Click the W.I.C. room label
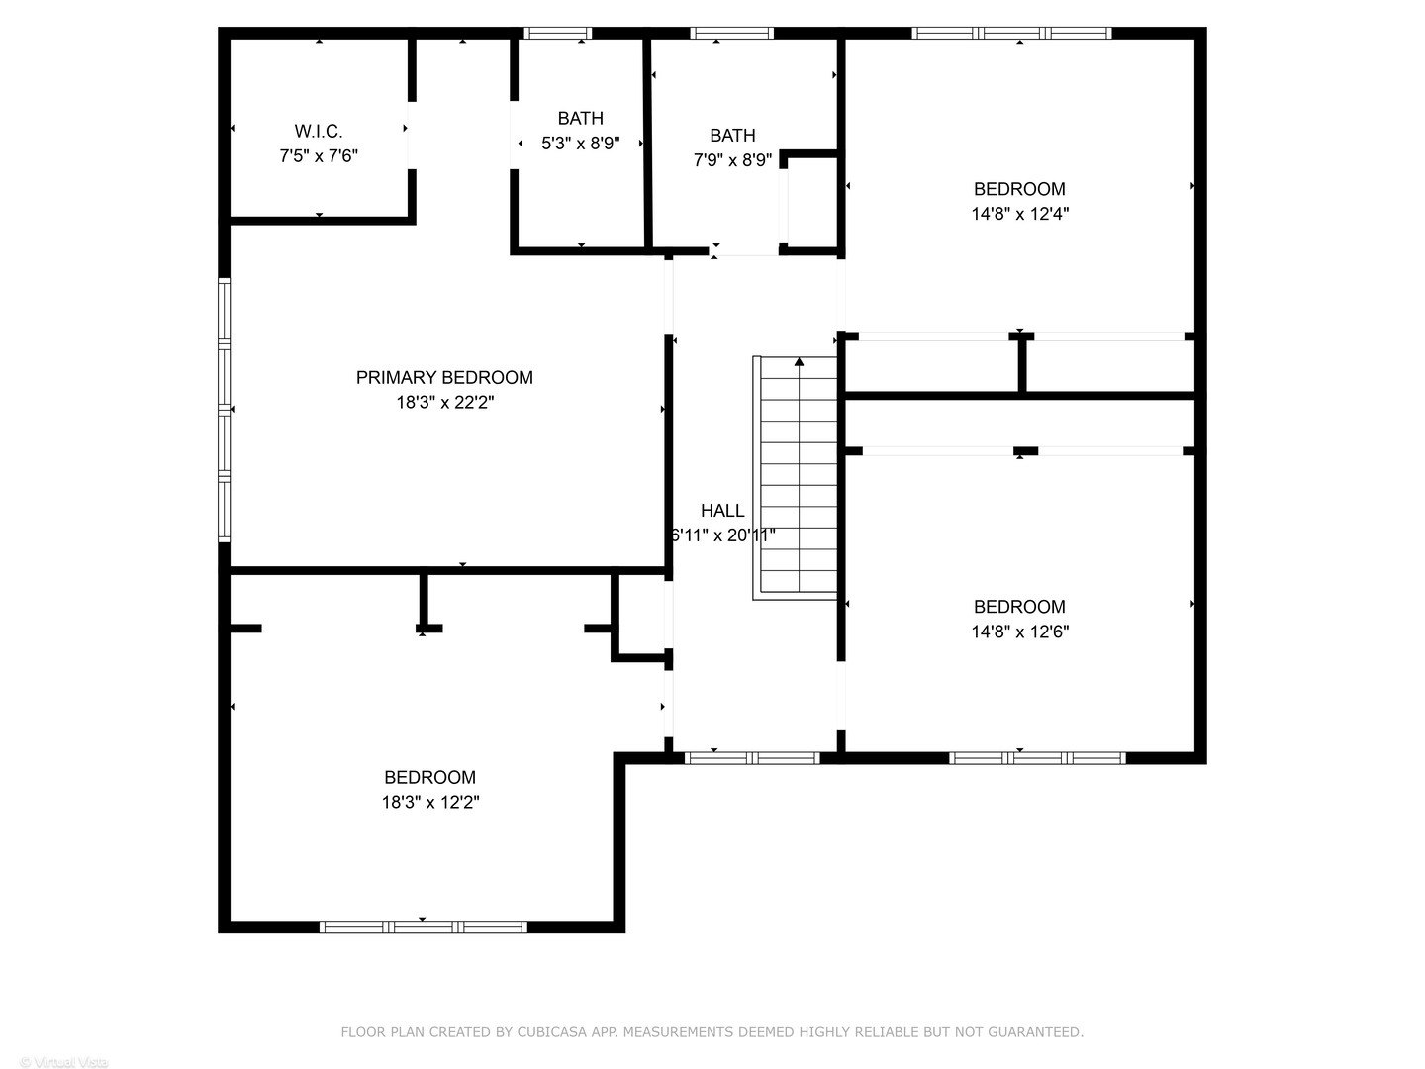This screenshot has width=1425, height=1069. pos(318,131)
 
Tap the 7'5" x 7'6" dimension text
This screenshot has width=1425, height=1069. pos(318,156)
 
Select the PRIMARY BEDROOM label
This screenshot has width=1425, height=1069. pos(444,377)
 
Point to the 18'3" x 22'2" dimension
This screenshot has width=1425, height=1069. pos(444,403)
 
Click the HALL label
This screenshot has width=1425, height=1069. pos(722,511)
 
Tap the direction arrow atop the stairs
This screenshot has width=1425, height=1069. pos(800,363)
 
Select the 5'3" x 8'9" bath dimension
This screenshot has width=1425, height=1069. pos(580,144)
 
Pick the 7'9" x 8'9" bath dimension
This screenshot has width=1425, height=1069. pos(732,160)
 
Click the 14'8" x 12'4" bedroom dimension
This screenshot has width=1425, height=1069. pos(1019,213)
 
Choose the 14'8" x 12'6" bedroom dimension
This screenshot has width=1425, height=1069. pos(1019,632)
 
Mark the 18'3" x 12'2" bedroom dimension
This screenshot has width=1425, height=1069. pos(430,803)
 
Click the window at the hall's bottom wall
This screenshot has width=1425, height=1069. pos(752,758)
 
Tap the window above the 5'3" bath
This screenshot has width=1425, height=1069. pos(557,33)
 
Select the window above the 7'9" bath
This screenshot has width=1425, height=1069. pos(732,33)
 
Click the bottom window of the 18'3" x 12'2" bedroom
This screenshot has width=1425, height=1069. pos(423,927)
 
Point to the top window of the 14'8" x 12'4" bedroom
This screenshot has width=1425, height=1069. pos(1011,33)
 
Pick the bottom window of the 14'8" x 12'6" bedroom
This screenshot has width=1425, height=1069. pos(1037,758)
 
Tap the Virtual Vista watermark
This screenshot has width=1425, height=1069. pos(64,1062)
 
